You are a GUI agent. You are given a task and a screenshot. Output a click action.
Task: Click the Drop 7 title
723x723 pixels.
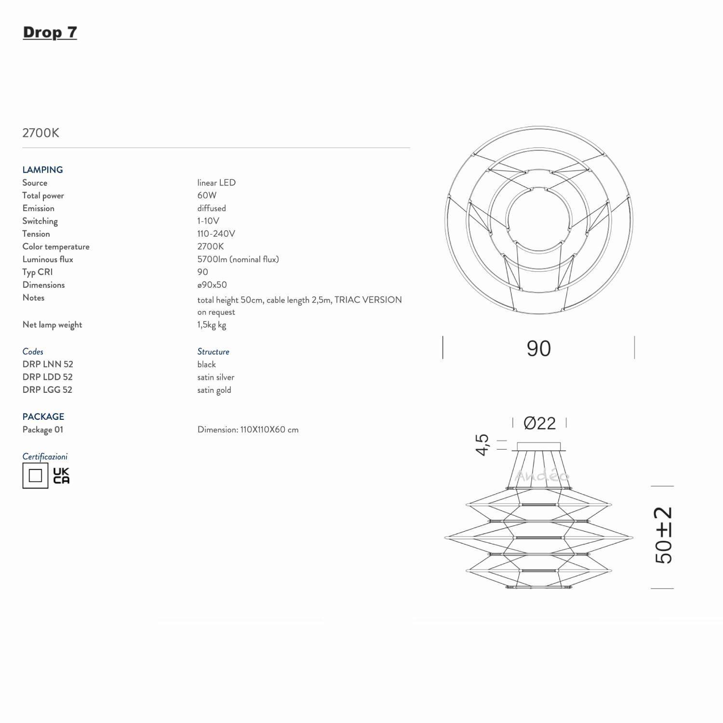coord(50,32)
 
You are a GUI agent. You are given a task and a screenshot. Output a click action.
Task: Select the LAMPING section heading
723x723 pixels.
coord(42,170)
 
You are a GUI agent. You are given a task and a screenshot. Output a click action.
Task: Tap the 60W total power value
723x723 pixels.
coord(207,195)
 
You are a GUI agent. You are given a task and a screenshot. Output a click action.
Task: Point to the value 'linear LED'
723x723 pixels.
coord(216,183)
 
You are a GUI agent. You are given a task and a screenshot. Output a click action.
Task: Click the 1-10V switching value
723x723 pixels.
coord(208,221)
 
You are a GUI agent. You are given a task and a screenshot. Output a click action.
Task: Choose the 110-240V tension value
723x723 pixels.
coord(216,234)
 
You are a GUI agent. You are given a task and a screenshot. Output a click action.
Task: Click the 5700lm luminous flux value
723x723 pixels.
coord(238,259)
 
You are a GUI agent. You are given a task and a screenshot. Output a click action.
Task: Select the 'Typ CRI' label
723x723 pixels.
coord(37,272)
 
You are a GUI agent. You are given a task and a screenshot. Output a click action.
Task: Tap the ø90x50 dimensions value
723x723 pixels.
coord(212,285)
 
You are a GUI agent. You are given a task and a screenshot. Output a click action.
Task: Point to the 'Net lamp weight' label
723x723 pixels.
coord(52,325)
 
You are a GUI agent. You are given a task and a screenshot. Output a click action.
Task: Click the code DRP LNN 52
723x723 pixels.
coord(48,364)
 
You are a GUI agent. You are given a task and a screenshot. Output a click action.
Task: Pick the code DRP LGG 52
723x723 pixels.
coord(47,390)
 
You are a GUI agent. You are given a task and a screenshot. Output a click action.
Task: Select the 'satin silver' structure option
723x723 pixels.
coord(215,377)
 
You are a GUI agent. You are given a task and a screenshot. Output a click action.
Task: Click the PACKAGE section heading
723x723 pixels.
coord(43,416)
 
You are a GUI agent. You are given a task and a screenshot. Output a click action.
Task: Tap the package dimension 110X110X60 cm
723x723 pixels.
coord(248,429)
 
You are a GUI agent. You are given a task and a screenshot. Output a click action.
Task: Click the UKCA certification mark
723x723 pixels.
coord(61,476)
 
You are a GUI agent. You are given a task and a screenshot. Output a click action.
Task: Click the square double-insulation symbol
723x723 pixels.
coord(35,476)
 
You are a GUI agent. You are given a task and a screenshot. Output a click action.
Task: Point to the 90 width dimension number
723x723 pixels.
coord(538,348)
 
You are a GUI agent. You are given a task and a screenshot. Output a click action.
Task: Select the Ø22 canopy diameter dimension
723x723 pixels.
coord(539,423)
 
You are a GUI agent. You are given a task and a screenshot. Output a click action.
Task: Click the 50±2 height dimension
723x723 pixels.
coord(663,536)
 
